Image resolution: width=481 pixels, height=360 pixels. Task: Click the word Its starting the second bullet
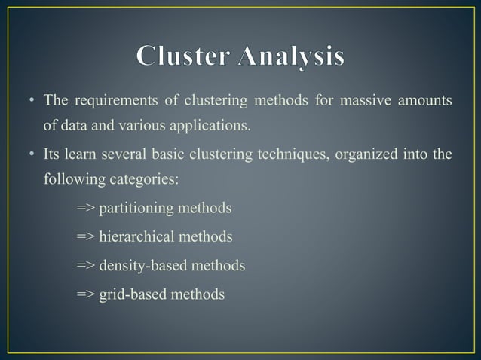[51, 156]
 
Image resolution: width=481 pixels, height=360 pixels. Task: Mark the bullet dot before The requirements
[32, 101]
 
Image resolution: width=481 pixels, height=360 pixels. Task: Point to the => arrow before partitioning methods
[85, 208]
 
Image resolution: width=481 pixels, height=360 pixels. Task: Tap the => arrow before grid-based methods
[85, 294]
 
